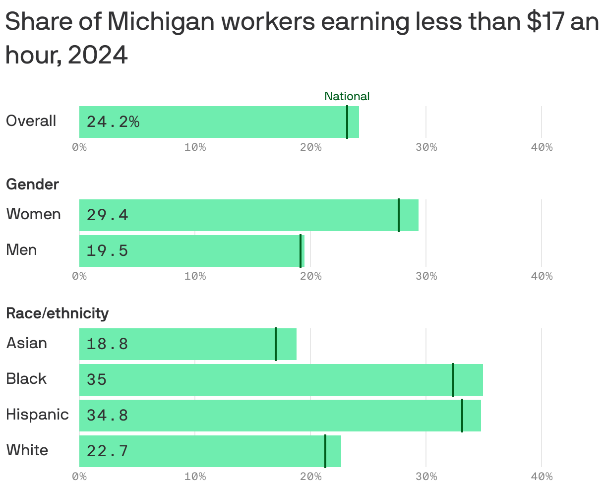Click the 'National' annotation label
pos(347,96)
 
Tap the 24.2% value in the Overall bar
pos(113,121)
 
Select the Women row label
pos(33,214)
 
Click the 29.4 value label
pos(107,215)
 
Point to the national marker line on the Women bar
pos(399,215)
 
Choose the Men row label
pos(21,250)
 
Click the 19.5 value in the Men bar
pos(107,251)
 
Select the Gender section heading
pos(32,184)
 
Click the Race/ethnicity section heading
pos(57,313)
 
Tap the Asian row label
pos(26,343)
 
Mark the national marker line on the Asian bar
pos(276,344)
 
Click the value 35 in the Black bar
pos(97,380)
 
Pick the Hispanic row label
pos(37,415)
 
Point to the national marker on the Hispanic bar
pos(462,416)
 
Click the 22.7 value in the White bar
pos(107,451)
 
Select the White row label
pos(27,450)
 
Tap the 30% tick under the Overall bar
pos(426,147)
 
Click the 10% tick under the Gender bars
pos(195,276)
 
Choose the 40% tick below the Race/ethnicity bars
pos(542,477)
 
